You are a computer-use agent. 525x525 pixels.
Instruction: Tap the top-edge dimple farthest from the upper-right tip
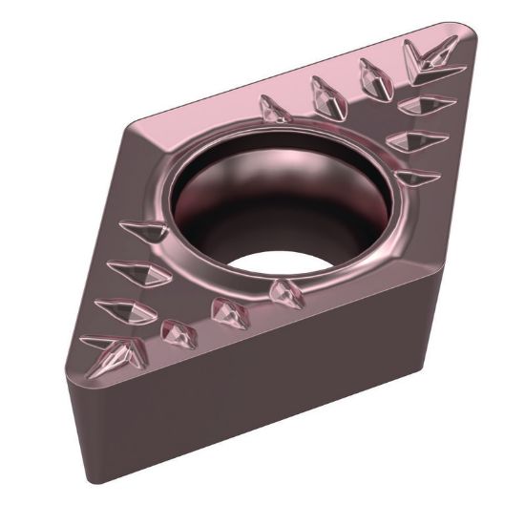point(276,111)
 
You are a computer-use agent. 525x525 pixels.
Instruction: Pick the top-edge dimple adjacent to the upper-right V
point(374,76)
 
